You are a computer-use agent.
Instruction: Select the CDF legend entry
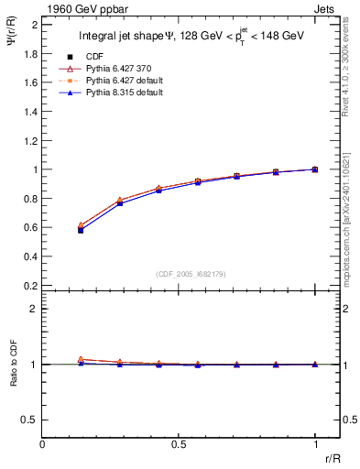94,58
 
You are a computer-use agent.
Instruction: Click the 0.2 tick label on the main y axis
30,286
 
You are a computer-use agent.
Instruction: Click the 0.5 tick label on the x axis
179,445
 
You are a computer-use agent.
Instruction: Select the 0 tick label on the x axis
42,445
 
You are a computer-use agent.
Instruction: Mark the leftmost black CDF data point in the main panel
81,230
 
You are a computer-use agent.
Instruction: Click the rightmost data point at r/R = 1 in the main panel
315,169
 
